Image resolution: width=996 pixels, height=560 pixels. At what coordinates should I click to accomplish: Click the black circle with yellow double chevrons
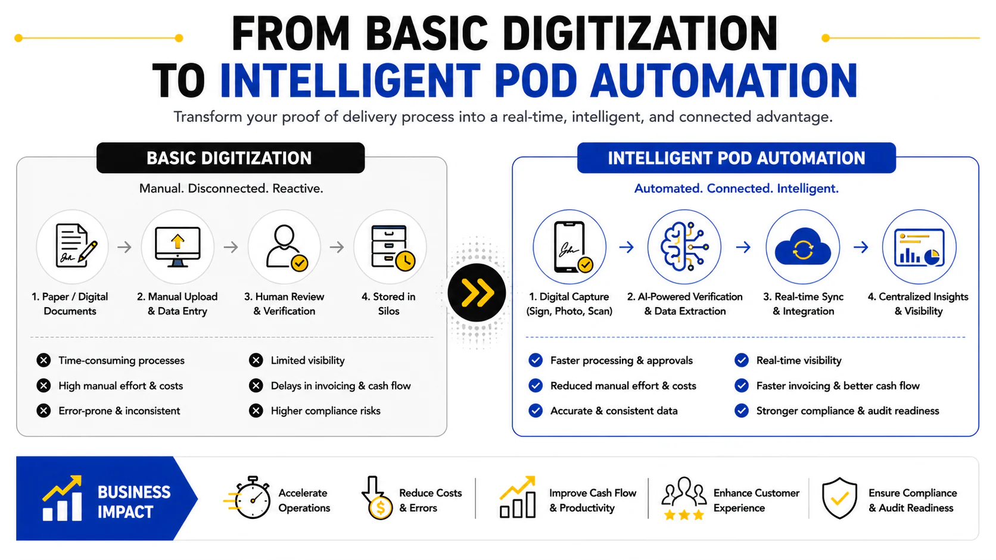[477, 292]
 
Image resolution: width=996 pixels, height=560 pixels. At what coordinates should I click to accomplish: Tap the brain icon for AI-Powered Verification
[684, 246]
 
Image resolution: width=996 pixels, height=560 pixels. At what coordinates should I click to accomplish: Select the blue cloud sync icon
[802, 247]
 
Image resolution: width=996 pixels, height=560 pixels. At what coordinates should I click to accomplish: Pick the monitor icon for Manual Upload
[178, 246]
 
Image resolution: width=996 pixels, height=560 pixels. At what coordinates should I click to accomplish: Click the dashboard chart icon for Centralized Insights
[919, 248]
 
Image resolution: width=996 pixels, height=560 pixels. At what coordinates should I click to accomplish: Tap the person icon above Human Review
[287, 248]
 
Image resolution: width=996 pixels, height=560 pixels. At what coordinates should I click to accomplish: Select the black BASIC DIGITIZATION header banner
[231, 158]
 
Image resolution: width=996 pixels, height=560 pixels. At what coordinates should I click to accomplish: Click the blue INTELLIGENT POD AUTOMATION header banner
[736, 158]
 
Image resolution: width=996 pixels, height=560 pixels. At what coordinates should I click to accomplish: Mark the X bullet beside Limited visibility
[256, 360]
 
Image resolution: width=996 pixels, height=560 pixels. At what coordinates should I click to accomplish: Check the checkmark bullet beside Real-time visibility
[741, 360]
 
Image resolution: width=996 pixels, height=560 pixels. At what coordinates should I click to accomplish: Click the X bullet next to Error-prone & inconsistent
[43, 411]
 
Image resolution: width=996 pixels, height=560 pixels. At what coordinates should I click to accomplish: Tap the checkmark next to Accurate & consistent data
[536, 411]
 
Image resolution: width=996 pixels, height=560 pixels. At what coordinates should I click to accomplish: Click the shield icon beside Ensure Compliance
[839, 498]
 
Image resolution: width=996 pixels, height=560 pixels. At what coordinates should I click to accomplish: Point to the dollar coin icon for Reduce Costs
[380, 508]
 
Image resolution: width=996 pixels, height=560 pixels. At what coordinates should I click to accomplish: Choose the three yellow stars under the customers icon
[684, 515]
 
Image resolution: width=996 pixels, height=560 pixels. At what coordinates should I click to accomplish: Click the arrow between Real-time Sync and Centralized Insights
[861, 247]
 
